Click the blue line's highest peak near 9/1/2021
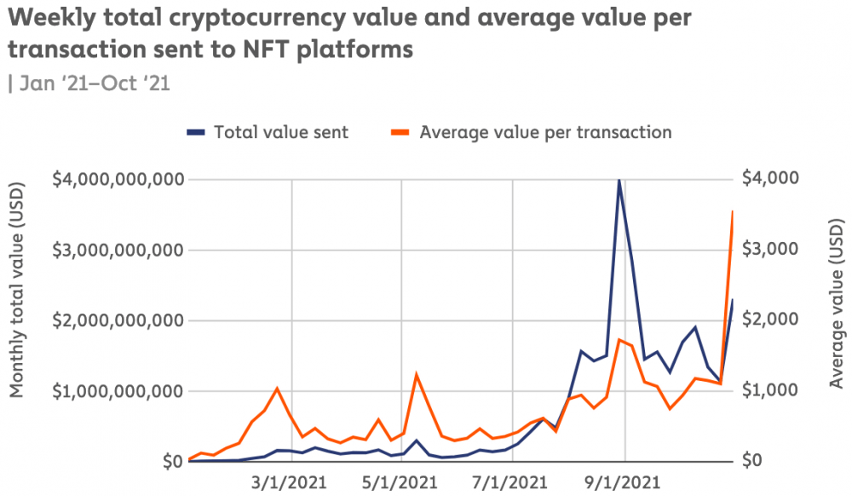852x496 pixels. pyautogui.click(x=619, y=180)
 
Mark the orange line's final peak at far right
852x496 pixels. pyautogui.click(x=732, y=211)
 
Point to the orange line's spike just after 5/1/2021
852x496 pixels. pyautogui.click(x=417, y=374)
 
